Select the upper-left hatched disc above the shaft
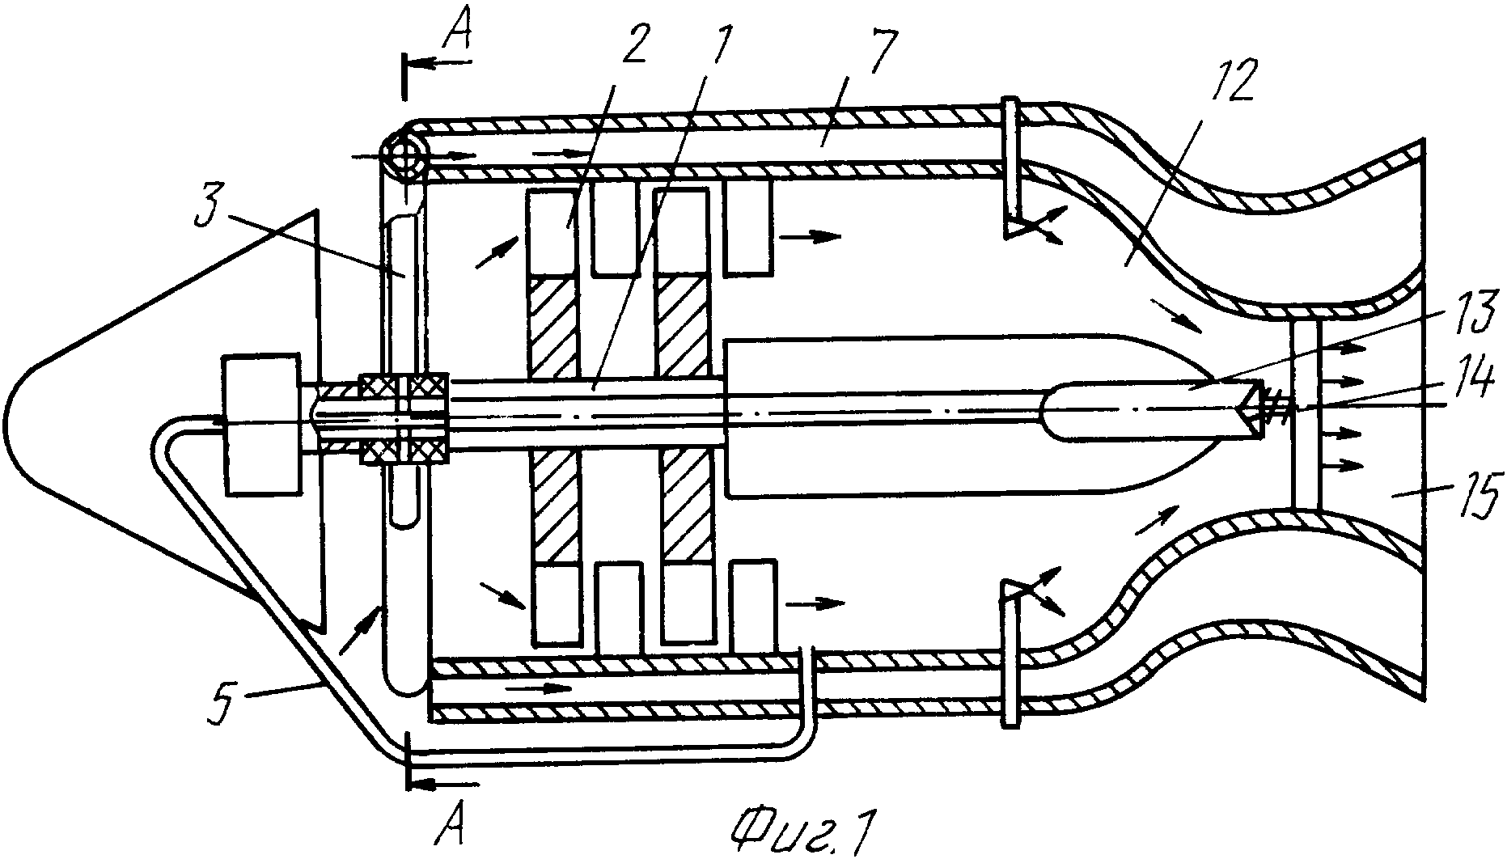[554, 328]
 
